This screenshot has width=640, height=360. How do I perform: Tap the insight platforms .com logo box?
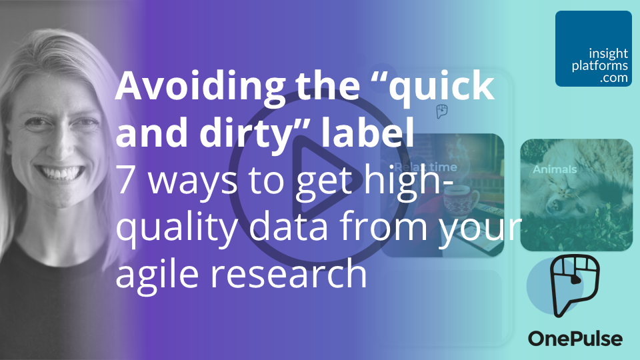593,49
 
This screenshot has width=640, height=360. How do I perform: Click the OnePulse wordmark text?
575,339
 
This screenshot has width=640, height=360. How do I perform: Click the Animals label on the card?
555,169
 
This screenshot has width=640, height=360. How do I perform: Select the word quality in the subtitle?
169,229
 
